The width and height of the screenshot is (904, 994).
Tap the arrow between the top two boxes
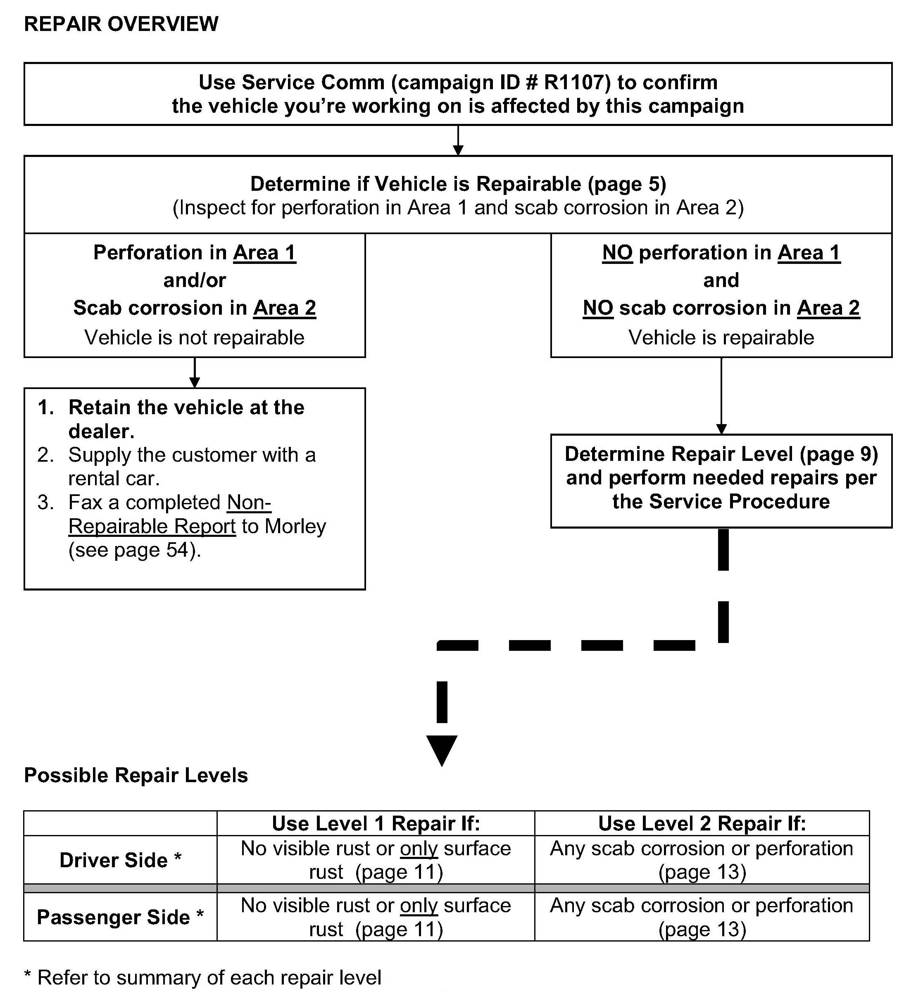pos(458,141)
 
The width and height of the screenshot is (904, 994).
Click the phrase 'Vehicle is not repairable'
pos(194,338)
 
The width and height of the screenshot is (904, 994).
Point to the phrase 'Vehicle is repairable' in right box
pos(721,338)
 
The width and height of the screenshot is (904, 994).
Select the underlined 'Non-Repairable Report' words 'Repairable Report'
pos(152,527)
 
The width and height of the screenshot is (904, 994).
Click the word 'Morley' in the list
pos(295,527)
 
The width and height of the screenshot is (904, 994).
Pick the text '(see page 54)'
pos(134,550)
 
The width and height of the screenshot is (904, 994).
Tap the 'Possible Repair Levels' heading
pos(136,776)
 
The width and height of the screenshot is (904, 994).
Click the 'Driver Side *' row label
pos(120,860)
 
